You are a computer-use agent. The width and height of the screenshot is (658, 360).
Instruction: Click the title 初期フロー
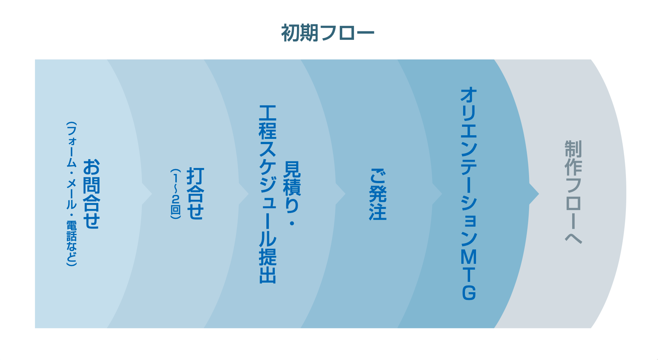(x=328, y=33)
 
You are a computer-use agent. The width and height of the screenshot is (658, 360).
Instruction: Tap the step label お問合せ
(x=91, y=194)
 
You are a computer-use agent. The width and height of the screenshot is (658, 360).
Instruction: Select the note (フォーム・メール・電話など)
(x=71, y=194)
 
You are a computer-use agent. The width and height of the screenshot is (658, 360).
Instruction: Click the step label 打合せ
(x=195, y=194)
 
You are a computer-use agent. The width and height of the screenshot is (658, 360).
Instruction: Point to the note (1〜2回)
(x=176, y=194)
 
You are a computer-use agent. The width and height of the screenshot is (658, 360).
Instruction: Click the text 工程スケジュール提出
(x=268, y=194)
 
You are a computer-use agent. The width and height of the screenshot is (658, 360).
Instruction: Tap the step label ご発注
(x=378, y=195)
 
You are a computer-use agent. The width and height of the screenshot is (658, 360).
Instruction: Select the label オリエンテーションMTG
(x=469, y=194)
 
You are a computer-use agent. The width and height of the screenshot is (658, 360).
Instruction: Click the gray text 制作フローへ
(x=573, y=192)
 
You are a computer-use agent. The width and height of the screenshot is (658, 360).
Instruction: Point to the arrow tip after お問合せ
(x=149, y=194)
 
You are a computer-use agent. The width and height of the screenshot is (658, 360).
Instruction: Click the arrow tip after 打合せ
(x=246, y=194)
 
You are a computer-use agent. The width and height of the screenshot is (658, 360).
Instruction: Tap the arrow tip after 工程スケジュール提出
(x=342, y=194)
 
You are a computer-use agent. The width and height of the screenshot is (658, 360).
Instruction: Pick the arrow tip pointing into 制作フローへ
(x=536, y=194)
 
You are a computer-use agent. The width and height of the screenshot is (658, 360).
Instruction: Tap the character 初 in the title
(x=290, y=33)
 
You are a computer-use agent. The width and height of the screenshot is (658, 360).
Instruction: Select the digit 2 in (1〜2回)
(x=176, y=199)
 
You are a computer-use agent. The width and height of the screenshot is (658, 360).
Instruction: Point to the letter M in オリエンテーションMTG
(x=469, y=257)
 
